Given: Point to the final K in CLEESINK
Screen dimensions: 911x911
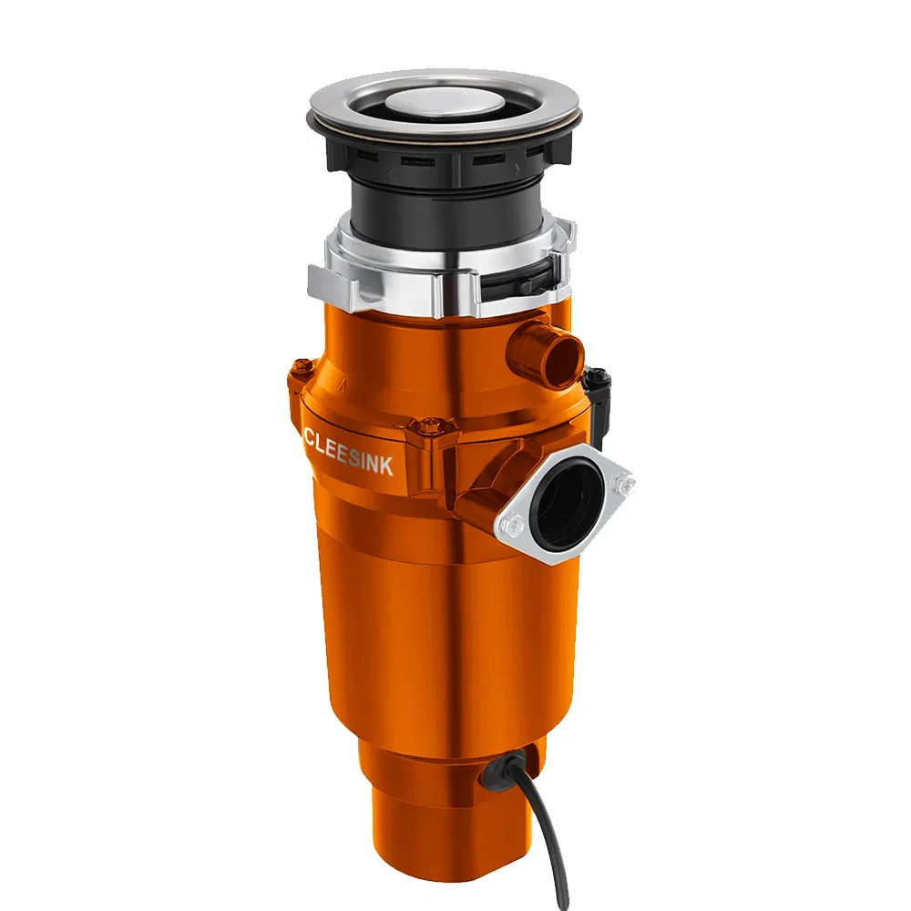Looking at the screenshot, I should pyautogui.click(x=388, y=467).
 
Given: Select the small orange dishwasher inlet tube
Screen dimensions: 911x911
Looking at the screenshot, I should pyautogui.click(x=547, y=351).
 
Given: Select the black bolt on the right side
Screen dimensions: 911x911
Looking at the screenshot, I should pyautogui.click(x=599, y=376).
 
